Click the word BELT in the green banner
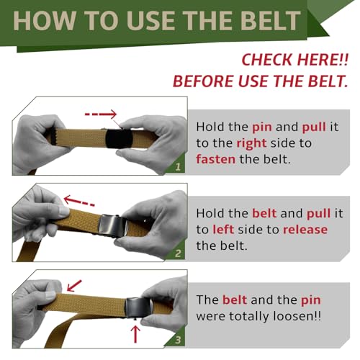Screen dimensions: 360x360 coord(271,21)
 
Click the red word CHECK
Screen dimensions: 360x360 coord(268,60)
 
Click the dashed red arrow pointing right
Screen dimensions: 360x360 coord(101,114)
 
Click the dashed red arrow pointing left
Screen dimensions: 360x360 coord(79,201)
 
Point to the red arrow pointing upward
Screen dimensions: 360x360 coord(135,334)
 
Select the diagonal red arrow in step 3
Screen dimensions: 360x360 coord(74,286)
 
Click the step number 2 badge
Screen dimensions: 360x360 coord(178,253)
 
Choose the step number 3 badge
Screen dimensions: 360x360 coord(178,340)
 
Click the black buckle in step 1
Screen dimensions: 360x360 coord(119,140)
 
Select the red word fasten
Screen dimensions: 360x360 coord(215,159)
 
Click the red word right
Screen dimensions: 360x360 coord(251,143)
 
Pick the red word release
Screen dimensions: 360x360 coord(305,230)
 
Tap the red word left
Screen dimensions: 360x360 coord(223,229)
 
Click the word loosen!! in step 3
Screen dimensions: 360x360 coord(297,316)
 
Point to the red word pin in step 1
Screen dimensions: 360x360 coord(262,127)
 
